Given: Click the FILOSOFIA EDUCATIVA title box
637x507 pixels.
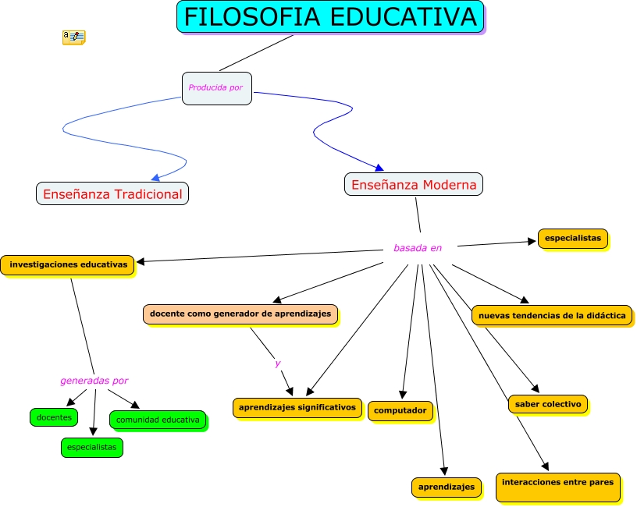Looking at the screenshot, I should pos(330,16).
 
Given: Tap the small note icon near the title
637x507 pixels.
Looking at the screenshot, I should pos(73,37).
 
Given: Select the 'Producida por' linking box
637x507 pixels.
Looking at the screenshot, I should pos(216,88).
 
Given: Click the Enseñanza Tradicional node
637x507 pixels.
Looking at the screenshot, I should pos(112,193).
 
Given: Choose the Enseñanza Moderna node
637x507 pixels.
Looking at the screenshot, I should pos(414,184).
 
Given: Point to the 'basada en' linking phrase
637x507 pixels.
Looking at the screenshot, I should pos(418,248).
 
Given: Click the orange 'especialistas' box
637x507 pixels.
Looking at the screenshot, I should pos(572,239).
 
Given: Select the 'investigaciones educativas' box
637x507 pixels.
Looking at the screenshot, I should pos(68,264).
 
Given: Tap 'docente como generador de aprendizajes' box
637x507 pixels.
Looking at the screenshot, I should pos(240,314).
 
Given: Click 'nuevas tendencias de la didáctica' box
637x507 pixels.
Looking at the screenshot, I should pos(551,315).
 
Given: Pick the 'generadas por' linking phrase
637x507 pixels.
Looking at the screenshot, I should pos(94,381).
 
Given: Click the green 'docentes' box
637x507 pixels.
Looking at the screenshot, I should pos(54,417).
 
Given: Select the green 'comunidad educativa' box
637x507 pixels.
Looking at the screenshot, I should pos(158,420).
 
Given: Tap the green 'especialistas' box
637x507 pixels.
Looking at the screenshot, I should pos(92,448).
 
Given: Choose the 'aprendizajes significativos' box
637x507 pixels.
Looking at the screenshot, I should pos(297,407).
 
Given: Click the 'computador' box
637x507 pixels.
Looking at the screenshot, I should pos(400,410).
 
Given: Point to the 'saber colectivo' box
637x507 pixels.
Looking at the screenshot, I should pos(547,404).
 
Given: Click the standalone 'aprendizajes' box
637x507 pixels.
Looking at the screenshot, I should pos(446,487).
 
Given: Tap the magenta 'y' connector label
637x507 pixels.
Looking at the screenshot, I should pos(277,363).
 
